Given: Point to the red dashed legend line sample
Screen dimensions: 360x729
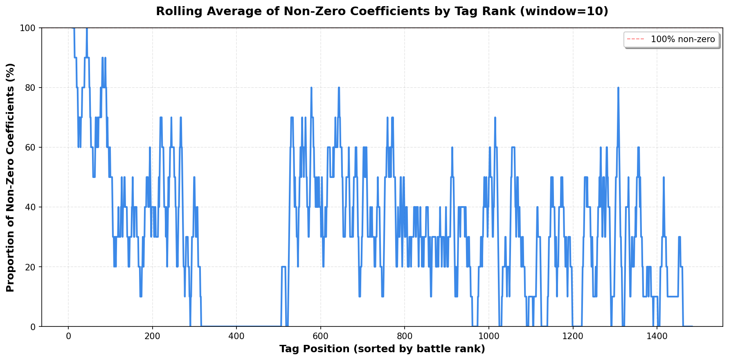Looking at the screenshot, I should click(x=635, y=39).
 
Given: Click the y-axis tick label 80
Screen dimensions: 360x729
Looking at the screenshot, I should click(x=32, y=88).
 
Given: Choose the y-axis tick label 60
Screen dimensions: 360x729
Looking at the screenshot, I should click(x=32, y=147).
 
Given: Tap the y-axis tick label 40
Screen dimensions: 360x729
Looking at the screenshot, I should click(x=32, y=207).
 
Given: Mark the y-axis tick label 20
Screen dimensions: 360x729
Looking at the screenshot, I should click(x=32, y=267).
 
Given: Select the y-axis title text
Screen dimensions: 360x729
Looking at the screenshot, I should click(x=11, y=177).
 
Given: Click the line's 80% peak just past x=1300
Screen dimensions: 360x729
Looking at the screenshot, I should click(x=618, y=88).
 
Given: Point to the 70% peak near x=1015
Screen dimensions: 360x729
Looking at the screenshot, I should click(x=495, y=118).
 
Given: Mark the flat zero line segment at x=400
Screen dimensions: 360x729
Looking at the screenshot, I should click(x=236, y=326).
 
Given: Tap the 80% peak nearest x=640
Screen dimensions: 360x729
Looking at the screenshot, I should click(x=339, y=88).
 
